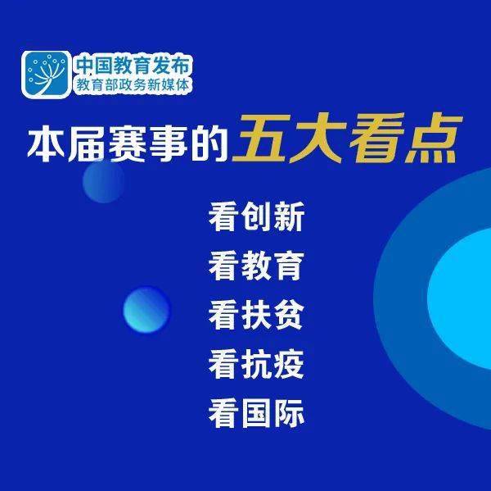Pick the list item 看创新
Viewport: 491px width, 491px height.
pos(257,219)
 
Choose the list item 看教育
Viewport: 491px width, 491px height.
pos(257,266)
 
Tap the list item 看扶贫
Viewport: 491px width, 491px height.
pos(257,316)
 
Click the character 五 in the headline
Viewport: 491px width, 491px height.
pos(262,141)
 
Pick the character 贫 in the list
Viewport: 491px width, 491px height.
pos(289,316)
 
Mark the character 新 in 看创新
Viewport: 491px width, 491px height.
pos(289,219)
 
